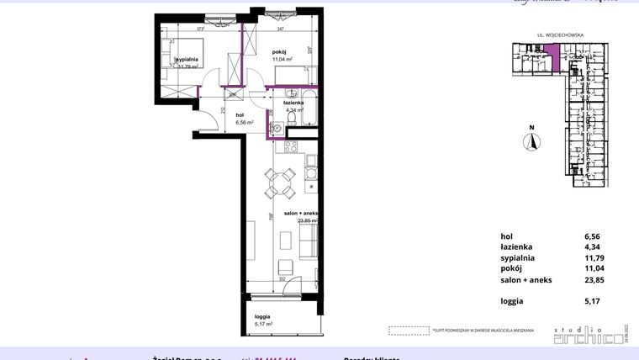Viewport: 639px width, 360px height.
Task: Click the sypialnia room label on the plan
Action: [187, 60]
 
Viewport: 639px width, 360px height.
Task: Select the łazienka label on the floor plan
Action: [294, 102]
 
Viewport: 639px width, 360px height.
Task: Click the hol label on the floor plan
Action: [240, 114]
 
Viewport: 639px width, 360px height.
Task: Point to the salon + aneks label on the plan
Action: [300, 214]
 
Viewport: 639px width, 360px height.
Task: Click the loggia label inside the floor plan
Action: [261, 315]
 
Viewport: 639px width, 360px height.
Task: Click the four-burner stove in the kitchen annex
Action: [291, 149]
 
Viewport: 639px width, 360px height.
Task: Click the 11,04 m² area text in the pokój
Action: [282, 60]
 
